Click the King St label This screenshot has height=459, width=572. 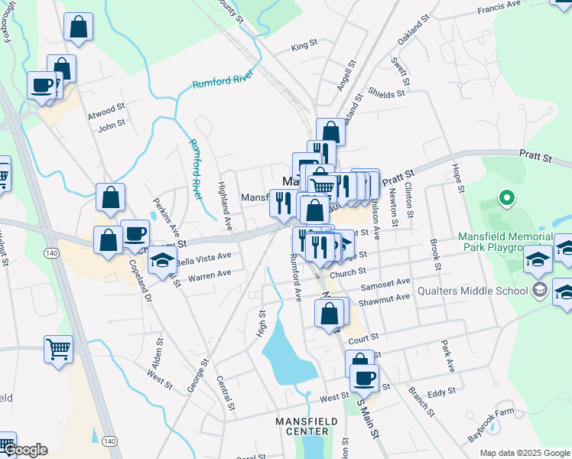click(x=304, y=47)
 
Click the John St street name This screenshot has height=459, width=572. click(x=111, y=125)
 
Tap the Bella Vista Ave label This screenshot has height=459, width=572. click(x=203, y=259)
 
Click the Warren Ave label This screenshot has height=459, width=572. click(x=209, y=273)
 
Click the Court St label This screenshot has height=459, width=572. click(x=363, y=337)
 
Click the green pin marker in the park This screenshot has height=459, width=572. click(x=505, y=199)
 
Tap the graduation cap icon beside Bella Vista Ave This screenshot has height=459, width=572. click(x=162, y=261)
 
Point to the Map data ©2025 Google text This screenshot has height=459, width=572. click(x=525, y=453)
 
